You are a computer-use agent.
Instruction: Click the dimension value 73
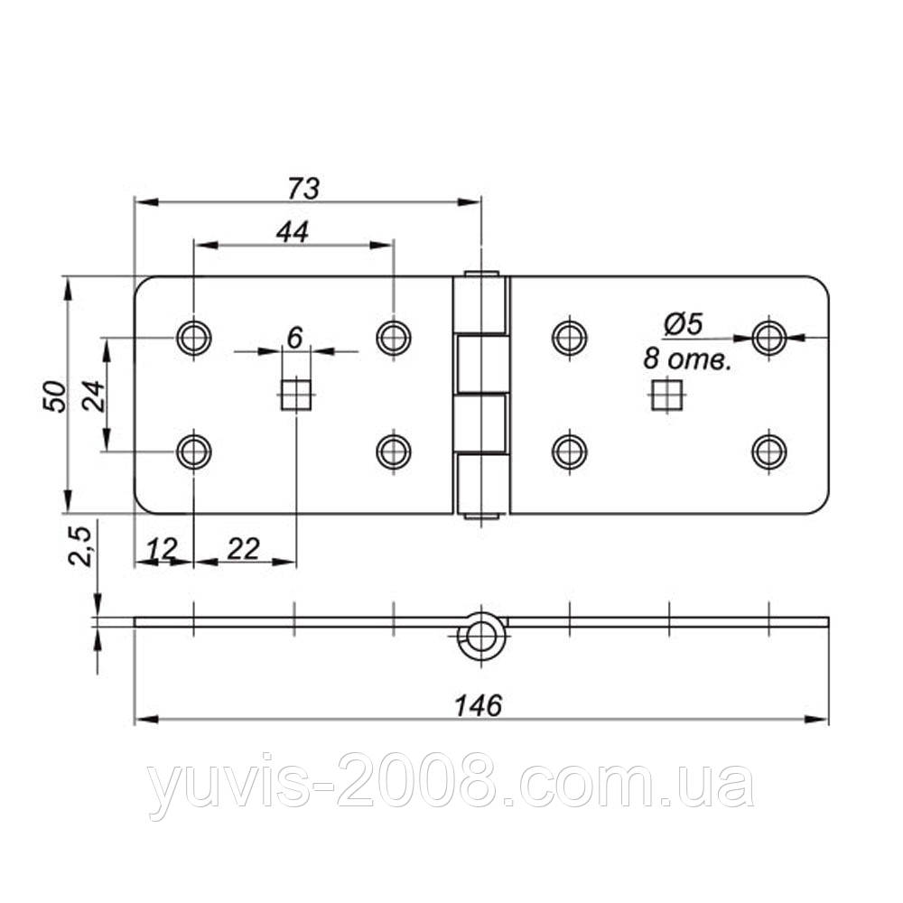click(303, 189)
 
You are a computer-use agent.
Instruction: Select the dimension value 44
click(293, 231)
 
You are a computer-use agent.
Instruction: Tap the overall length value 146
click(479, 705)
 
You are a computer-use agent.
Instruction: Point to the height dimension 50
click(55, 396)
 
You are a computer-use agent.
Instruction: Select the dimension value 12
click(161, 549)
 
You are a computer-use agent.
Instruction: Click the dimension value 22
click(243, 549)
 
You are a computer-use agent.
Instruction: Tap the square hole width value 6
click(294, 338)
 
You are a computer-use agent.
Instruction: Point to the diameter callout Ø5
click(684, 324)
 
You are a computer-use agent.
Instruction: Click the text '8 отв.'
click(686, 360)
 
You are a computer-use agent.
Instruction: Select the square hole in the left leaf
click(296, 395)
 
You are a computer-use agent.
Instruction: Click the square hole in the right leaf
click(667, 395)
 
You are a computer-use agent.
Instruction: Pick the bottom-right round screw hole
click(769, 451)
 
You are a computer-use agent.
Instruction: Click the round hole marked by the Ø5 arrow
click(769, 338)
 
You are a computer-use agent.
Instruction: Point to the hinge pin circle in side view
click(480, 637)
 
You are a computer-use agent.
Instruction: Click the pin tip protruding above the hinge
click(481, 274)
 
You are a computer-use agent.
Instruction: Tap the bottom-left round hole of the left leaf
click(194, 451)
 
